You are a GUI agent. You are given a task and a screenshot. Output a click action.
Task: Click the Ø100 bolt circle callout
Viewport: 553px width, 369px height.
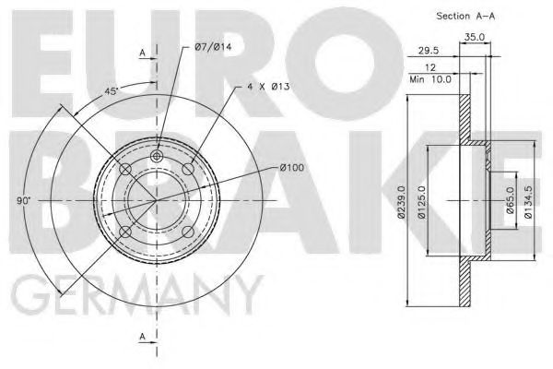(291, 167)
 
